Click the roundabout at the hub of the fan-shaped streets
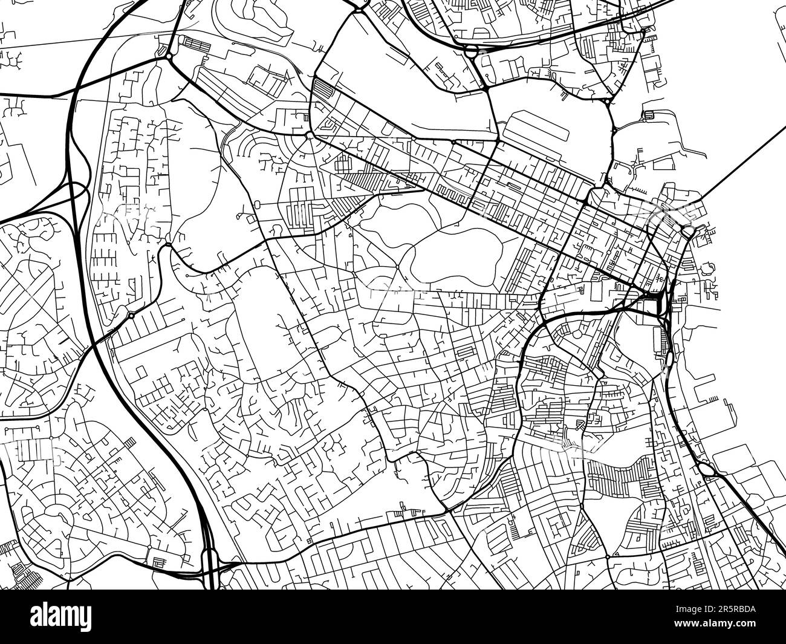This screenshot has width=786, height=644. coord(309,135)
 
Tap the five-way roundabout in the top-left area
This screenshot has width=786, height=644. coord(168,56)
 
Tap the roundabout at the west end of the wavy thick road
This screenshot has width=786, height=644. coord(167,244)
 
